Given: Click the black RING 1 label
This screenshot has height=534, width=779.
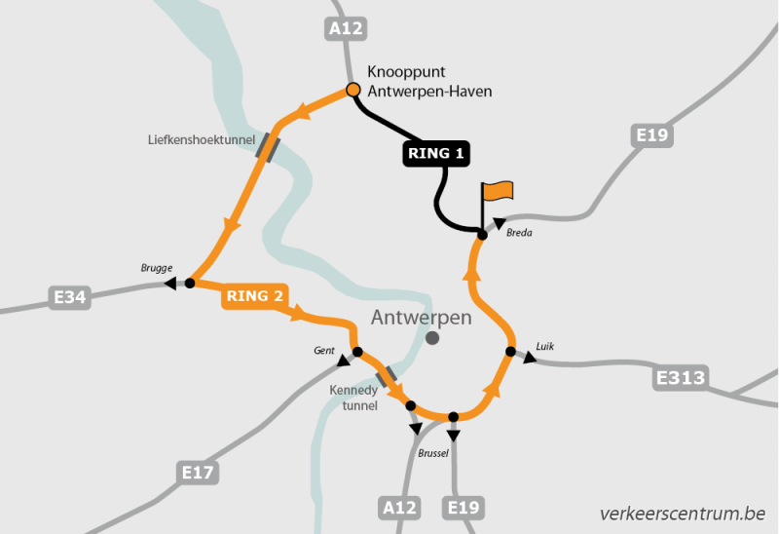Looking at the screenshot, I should tap(436, 153).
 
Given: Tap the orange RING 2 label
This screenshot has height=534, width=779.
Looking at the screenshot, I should tap(254, 295).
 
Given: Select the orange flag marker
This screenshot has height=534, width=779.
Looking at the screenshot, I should tap(498, 191).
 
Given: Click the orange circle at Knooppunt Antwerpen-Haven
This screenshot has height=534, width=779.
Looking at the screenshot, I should tap(353, 91).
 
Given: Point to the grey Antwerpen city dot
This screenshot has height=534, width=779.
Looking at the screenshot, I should tap(432, 338).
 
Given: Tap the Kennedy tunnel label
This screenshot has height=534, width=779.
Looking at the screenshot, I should tap(353, 398).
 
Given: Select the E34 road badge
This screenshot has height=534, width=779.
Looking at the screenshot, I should tap(70, 296).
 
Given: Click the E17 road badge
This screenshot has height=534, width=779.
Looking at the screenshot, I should tap(198, 474).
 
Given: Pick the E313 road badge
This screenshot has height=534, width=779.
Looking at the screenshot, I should tap(681, 377).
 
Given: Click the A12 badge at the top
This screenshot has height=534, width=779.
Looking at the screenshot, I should tap(346, 29).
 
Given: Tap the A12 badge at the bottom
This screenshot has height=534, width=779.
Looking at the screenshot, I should tap(399, 507).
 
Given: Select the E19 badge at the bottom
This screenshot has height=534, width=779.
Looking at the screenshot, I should tap(463, 507).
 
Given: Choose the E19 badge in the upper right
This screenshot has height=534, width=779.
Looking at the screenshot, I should tap(650, 134).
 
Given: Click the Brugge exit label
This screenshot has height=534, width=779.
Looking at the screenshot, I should tap(157, 268).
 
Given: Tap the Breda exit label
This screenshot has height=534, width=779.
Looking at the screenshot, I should tap(520, 233).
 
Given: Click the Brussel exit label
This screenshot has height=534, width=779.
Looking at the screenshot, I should tap(433, 454).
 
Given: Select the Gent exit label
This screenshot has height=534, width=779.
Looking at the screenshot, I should tap(324, 350).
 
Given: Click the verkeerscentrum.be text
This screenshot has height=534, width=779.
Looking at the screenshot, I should tap(683, 513).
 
